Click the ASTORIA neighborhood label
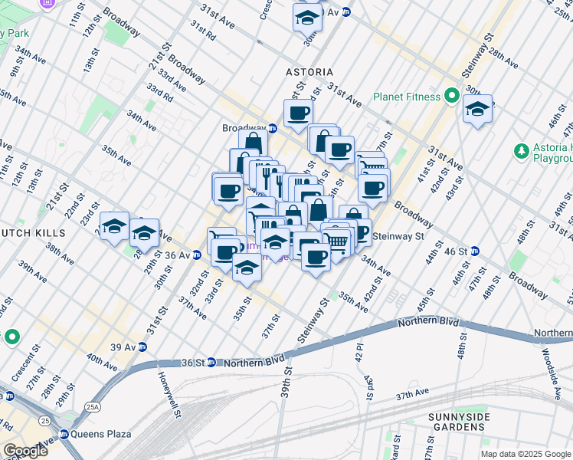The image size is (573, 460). click(309, 71)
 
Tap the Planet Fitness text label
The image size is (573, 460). click(406, 97)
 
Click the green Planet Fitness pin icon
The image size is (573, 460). click(452, 97)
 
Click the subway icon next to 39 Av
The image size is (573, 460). click(142, 347)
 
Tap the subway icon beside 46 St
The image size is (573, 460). click(475, 251)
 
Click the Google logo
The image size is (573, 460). click(25, 451)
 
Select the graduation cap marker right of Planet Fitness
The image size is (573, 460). click(477, 109)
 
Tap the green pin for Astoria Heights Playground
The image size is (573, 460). click(522, 150)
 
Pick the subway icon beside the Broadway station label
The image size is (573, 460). click(272, 128)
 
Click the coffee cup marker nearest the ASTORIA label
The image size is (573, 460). click(298, 113)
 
